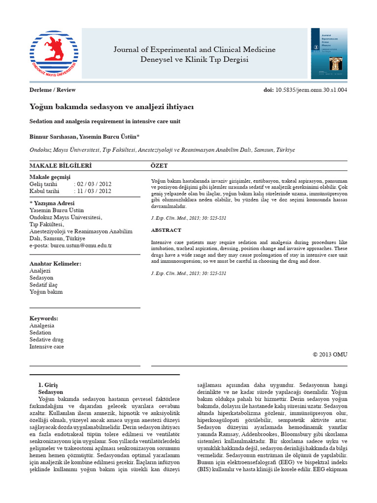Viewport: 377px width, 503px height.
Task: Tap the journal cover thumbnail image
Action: [x=328, y=54]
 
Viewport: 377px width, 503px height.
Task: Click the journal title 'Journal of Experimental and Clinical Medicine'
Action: [x=194, y=50]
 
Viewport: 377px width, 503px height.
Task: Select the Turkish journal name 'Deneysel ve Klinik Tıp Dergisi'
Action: [x=194, y=60]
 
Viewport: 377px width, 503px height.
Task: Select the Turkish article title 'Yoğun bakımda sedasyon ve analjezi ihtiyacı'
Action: [x=112, y=106]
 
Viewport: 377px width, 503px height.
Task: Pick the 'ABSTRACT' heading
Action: [x=166, y=230]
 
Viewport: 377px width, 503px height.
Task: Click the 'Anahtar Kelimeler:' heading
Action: [x=55, y=264]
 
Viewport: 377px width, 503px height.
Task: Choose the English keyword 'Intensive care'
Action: [x=47, y=346]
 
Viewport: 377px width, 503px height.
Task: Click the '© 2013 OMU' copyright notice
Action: [x=330, y=354]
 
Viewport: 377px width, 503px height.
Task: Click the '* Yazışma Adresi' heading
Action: [x=52, y=203]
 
